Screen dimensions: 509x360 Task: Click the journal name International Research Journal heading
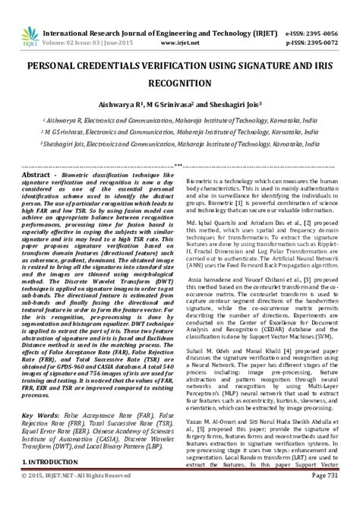(159, 12)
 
